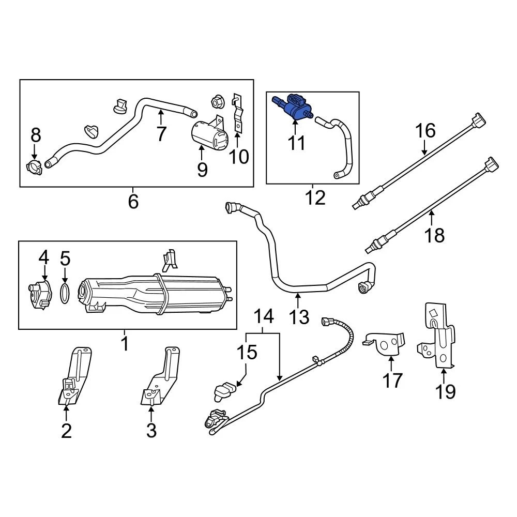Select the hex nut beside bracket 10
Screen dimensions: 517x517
tap(216, 99)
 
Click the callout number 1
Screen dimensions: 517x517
tap(125, 343)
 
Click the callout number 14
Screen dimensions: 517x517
tap(263, 316)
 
